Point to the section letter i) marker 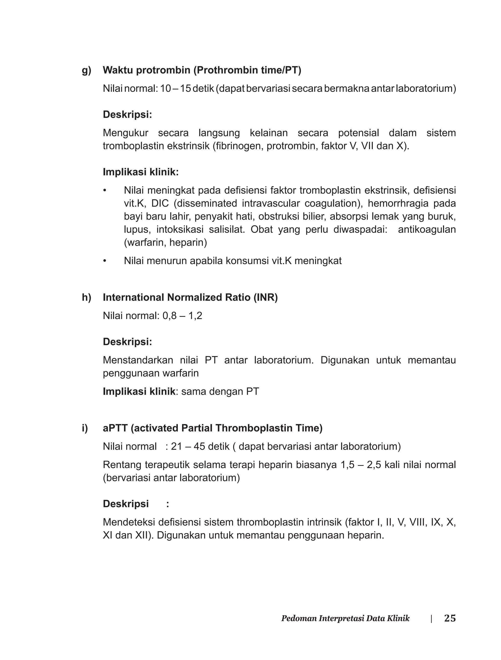pyautogui.click(x=85, y=428)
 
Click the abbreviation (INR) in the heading pyautogui.click(x=265, y=297)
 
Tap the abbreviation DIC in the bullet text pyautogui.click(x=160, y=203)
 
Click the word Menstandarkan pyautogui.click(x=138, y=360)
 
